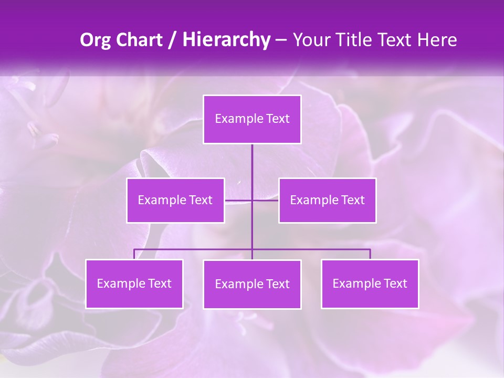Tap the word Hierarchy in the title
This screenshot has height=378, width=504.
pyautogui.click(x=226, y=40)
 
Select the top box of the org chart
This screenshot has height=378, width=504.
pyautogui.click(x=252, y=119)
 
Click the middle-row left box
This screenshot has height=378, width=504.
pyautogui.click(x=175, y=200)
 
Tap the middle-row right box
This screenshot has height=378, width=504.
pyautogui.click(x=327, y=200)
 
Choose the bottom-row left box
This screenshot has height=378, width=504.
pyautogui.click(x=134, y=284)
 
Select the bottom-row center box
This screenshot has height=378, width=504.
pyautogui.click(x=252, y=285)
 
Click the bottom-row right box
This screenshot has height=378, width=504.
pyautogui.click(x=370, y=284)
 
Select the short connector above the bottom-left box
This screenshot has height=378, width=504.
pyautogui.click(x=134, y=254)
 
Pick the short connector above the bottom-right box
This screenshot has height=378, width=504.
pyautogui.click(x=370, y=254)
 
